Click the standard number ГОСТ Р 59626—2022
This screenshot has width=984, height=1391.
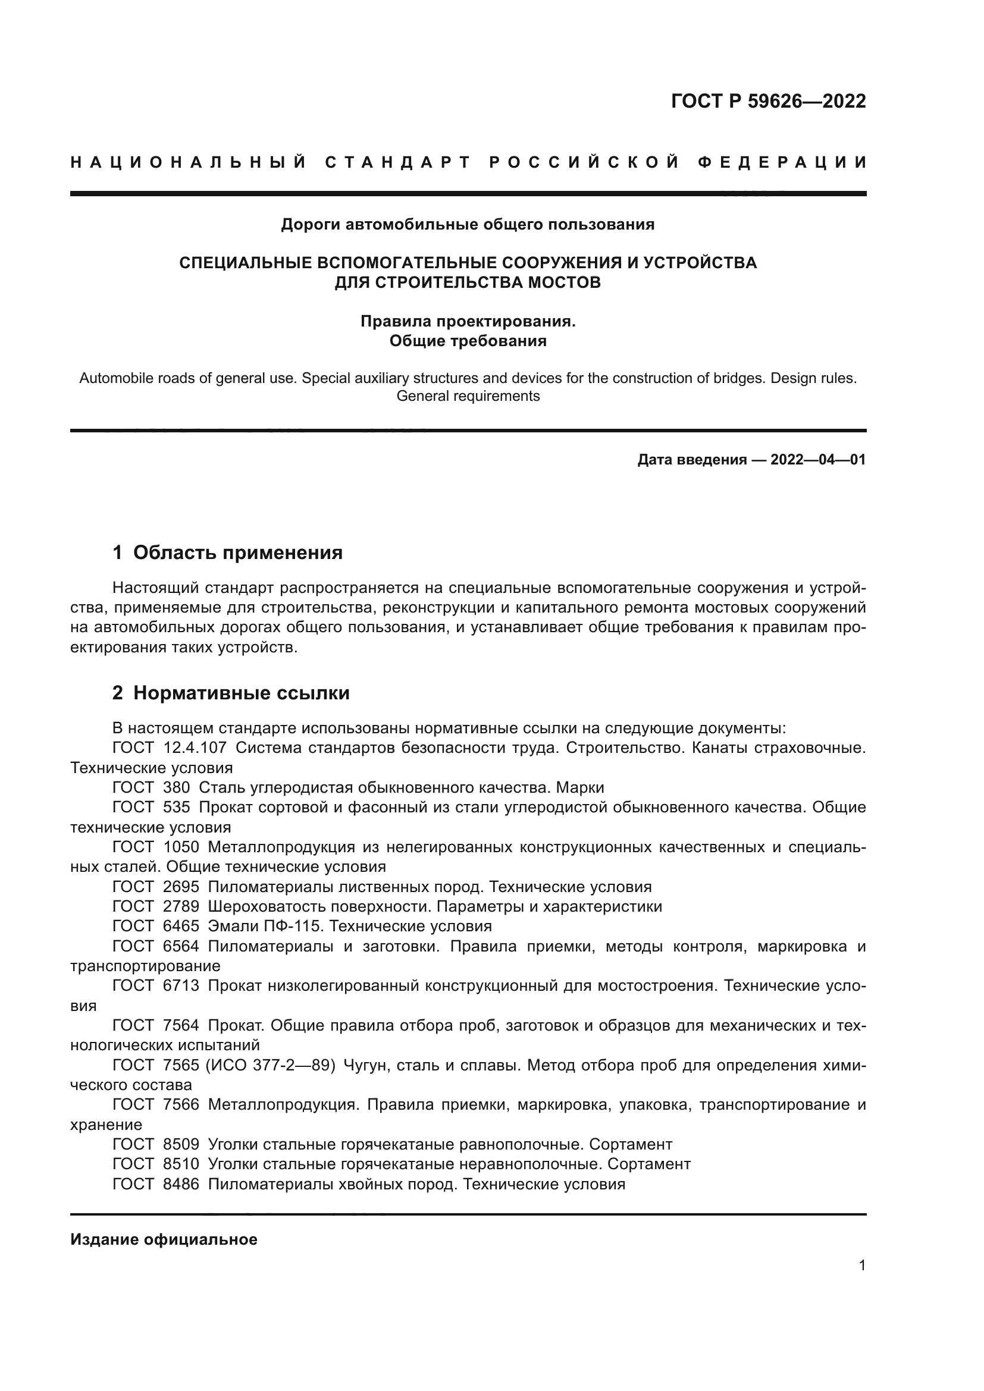point(768,101)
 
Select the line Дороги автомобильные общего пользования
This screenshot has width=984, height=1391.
point(467,225)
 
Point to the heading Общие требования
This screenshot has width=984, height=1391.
point(467,341)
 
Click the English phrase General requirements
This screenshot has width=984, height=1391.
point(467,396)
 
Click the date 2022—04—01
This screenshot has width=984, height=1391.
point(817,460)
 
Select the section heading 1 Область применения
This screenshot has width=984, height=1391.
point(227,552)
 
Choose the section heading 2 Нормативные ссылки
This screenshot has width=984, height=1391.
point(231,693)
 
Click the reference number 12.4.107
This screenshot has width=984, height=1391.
point(195,748)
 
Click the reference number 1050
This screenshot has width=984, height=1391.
point(181,847)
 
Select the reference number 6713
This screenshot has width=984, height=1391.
point(181,985)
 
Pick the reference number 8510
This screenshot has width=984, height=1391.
point(181,1164)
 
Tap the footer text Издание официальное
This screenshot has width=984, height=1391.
point(164,1239)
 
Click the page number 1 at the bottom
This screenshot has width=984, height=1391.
point(861,1266)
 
